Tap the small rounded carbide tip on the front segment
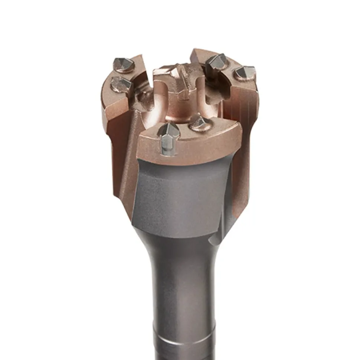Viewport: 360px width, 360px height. (199, 123)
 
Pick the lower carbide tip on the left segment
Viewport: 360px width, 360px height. (121, 85)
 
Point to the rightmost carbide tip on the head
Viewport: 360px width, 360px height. (244, 73)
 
